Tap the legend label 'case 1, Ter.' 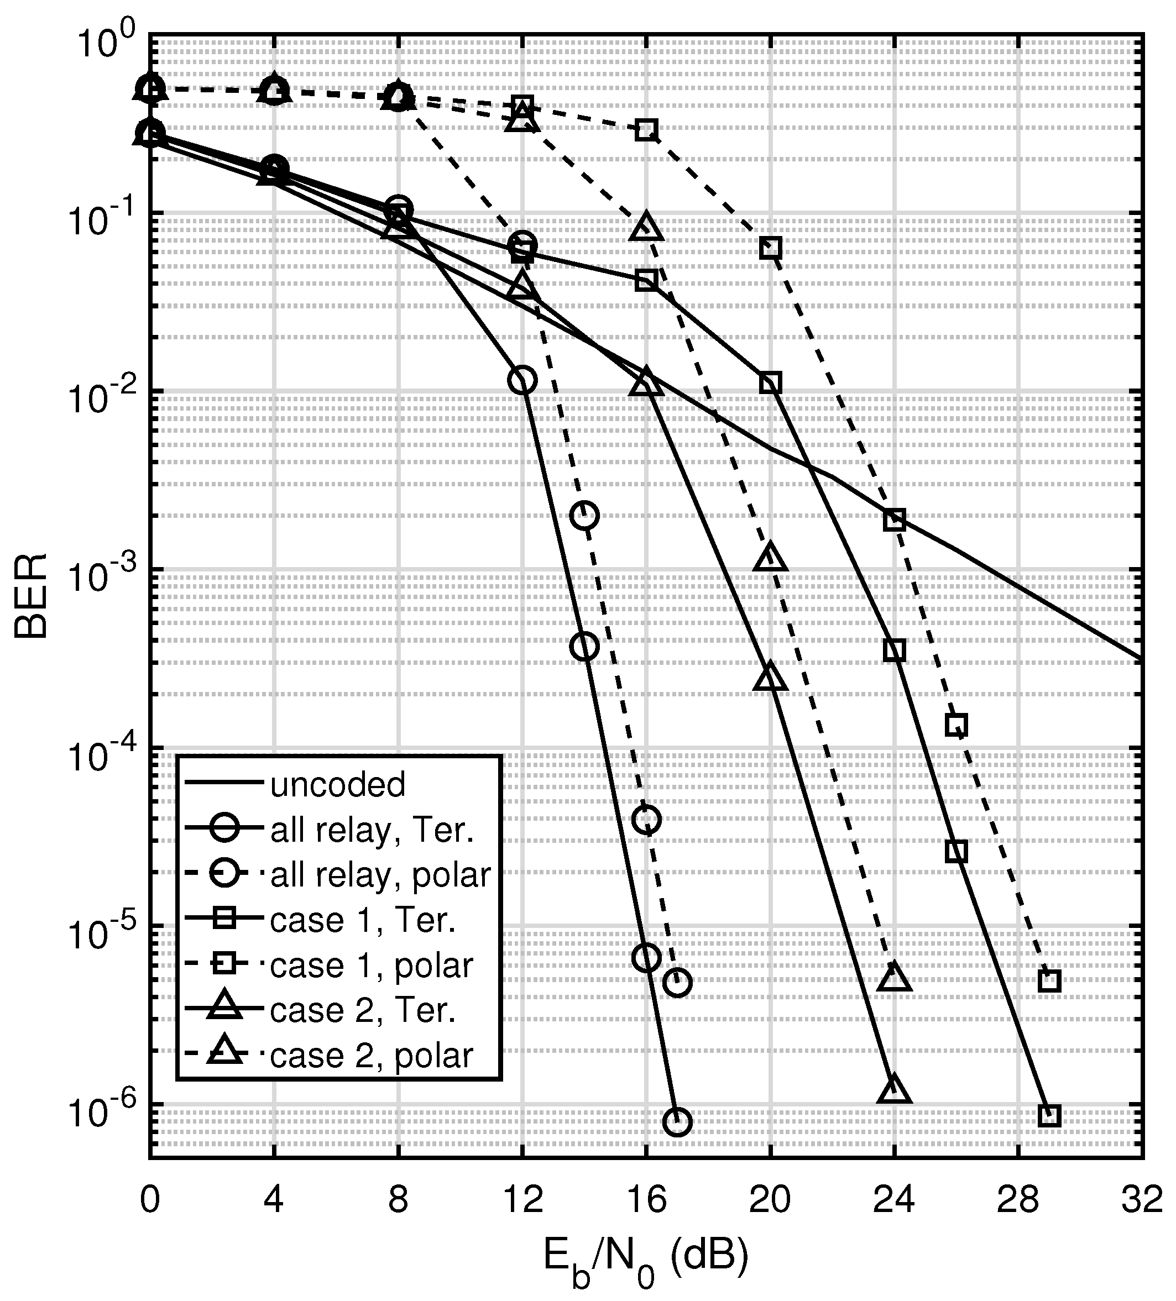click(x=363, y=920)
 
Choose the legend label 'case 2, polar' click(x=372, y=1055)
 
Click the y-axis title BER click(x=30, y=595)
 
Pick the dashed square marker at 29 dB click(x=1049, y=982)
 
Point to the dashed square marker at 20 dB click(x=770, y=247)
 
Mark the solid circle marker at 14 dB click(x=584, y=646)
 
